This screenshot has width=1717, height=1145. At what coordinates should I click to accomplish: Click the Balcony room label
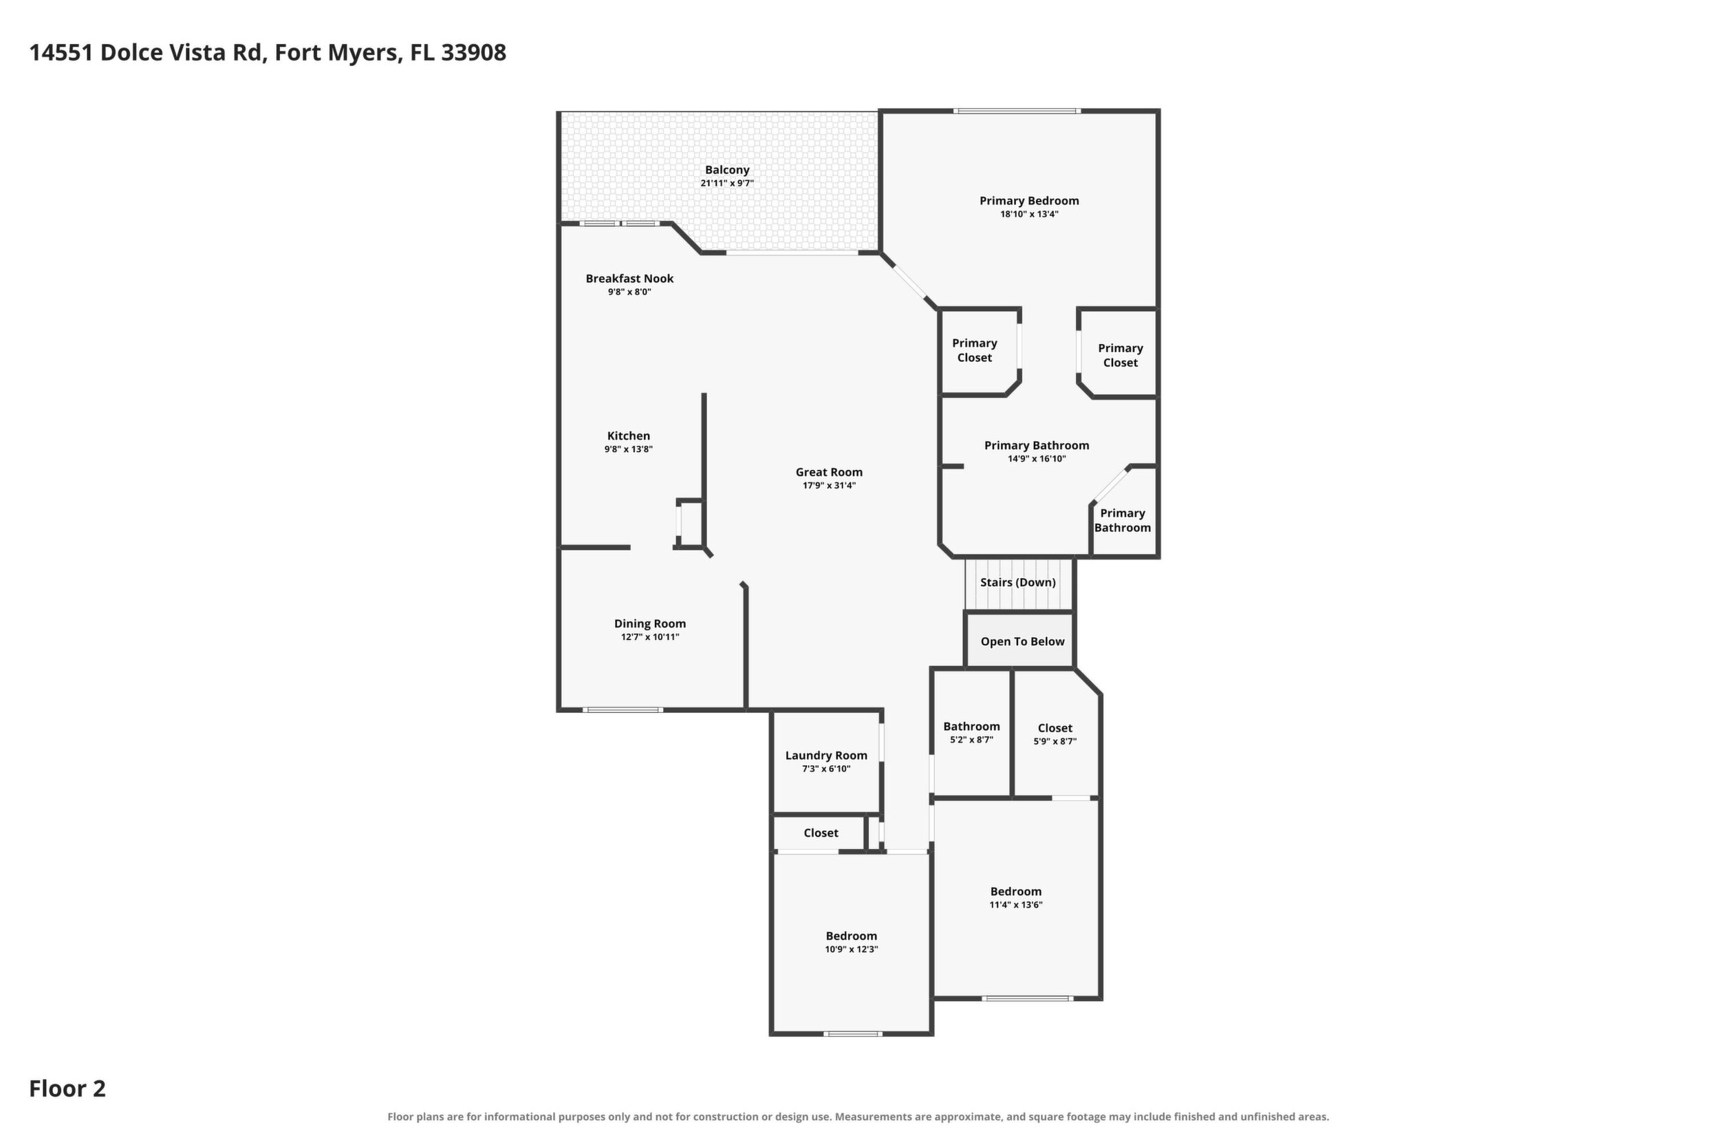point(727,170)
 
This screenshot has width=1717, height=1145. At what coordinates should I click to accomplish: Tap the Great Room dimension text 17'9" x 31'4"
point(828,486)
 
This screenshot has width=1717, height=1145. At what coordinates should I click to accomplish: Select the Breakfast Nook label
point(629,278)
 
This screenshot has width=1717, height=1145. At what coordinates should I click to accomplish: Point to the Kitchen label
point(629,436)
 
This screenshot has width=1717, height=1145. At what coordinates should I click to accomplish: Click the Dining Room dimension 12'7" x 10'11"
point(649,636)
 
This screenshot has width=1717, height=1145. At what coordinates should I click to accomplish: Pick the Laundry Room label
point(826,756)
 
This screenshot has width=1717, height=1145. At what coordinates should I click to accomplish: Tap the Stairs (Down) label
point(1017,582)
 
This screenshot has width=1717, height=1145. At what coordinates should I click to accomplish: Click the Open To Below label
point(1022,641)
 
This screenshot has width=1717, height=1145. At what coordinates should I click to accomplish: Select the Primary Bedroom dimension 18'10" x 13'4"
point(1029,214)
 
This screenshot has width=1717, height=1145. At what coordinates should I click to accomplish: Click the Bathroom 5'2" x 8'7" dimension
point(971,740)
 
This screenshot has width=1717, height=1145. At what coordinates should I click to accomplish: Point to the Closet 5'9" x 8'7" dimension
point(1055,741)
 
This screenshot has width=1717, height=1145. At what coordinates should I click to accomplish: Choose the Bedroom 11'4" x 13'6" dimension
point(1015,905)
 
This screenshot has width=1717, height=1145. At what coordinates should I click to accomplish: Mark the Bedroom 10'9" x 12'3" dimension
point(851,950)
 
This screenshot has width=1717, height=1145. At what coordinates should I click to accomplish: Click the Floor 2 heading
point(67,1089)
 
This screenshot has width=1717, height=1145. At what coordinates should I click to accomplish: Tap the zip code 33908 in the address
point(473,52)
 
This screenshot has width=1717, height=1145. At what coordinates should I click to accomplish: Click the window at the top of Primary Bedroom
point(1017,111)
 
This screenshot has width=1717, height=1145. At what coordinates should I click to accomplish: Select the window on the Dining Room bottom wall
point(623,710)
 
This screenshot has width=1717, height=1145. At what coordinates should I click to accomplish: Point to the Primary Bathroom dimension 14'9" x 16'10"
point(1037,458)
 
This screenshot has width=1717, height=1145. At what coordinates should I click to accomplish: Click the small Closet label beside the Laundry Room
point(821,833)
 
